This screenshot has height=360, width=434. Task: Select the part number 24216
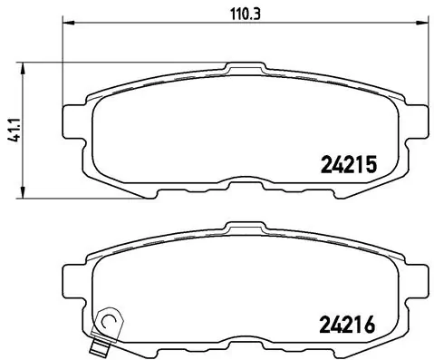(x=348, y=323)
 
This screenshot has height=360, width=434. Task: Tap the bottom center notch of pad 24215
(x=242, y=184)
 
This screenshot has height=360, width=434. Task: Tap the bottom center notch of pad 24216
(x=242, y=343)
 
